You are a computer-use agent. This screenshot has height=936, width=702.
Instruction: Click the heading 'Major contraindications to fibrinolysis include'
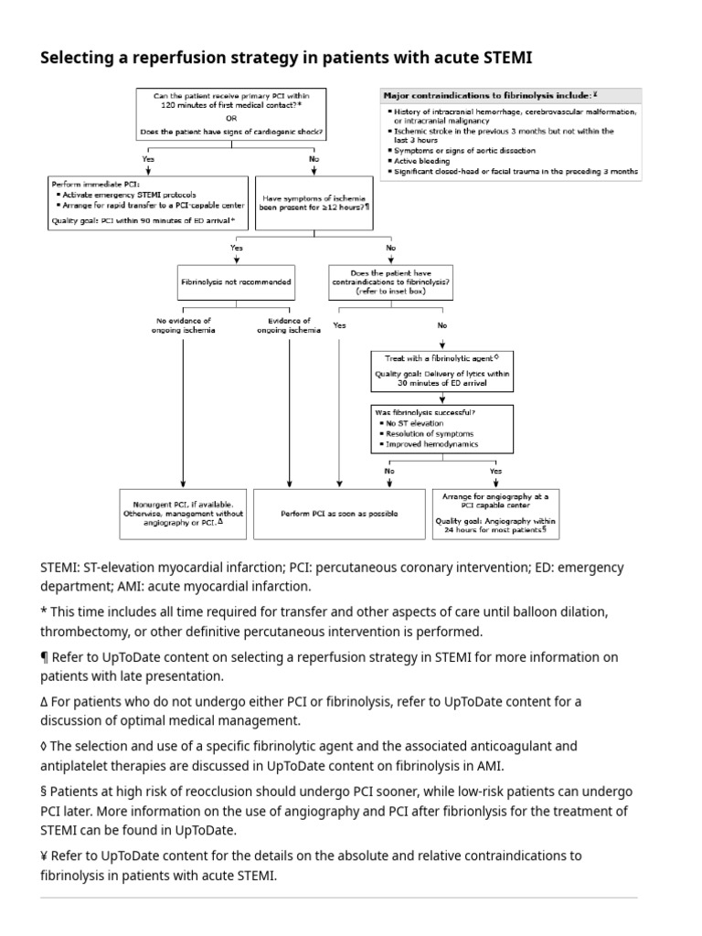487,94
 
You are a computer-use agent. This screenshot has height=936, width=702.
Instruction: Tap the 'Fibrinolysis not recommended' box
236,282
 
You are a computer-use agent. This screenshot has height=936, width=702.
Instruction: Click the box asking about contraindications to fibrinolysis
391,282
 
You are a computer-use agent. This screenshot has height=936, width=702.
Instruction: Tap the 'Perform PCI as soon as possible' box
339,514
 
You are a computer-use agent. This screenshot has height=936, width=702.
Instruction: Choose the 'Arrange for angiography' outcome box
495,513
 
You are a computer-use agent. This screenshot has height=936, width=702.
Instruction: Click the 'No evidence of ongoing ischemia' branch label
184,325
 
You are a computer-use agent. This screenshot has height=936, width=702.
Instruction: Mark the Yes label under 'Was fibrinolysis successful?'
495,471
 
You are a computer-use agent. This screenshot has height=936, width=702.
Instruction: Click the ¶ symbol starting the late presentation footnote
45,657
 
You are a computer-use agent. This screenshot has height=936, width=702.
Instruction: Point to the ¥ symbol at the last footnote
45,856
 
